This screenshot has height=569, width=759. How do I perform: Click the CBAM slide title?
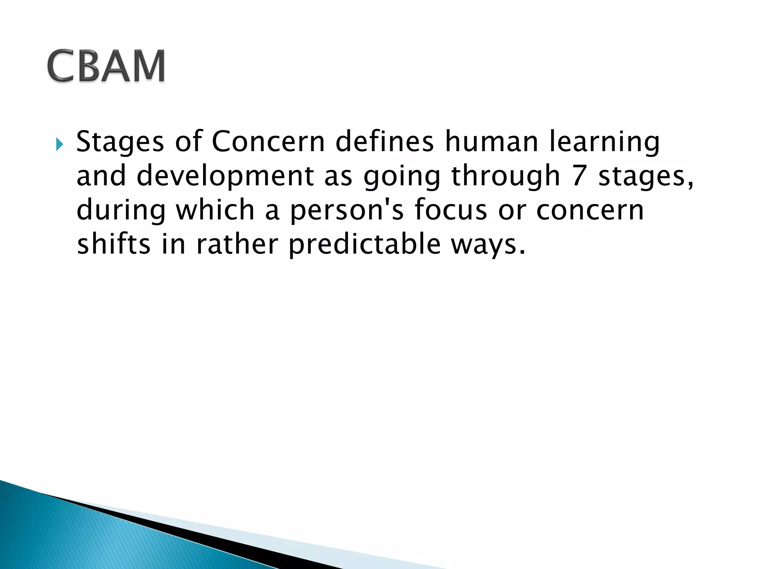[106, 66]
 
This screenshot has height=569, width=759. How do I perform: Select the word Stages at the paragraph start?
[120, 143]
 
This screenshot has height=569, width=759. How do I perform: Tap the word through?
[505, 176]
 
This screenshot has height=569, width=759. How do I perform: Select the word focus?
[450, 210]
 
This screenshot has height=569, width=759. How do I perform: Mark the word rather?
[237, 244]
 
